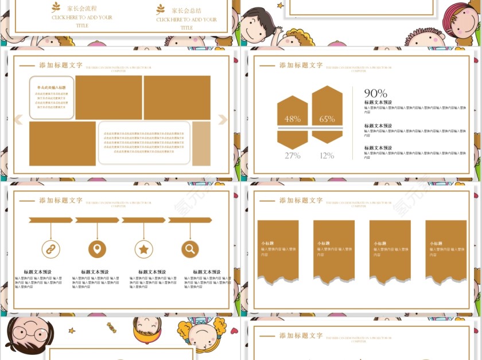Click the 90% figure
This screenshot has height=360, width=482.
(375, 93)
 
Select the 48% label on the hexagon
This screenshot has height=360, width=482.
(293, 119)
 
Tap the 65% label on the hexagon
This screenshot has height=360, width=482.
(327, 119)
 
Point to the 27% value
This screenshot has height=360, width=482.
(293, 155)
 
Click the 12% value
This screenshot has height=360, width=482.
(327, 155)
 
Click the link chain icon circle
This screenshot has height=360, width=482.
(50, 249)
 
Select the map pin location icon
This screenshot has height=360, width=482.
(97, 249)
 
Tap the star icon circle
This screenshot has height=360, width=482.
(143, 249)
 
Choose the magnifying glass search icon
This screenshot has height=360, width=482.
(190, 249)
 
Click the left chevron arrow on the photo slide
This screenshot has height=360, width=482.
(18, 119)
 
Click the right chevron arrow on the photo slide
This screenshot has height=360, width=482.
(223, 119)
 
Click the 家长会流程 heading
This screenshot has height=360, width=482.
(81, 9)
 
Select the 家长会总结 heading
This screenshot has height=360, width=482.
(186, 10)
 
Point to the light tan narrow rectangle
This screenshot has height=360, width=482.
(201, 143)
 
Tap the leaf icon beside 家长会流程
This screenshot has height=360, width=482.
(56, 7)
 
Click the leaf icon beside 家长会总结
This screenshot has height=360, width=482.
(160, 9)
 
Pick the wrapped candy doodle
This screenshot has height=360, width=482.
(111, 327)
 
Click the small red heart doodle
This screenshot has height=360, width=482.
(234, 330)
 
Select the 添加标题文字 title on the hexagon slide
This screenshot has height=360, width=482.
(301, 65)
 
